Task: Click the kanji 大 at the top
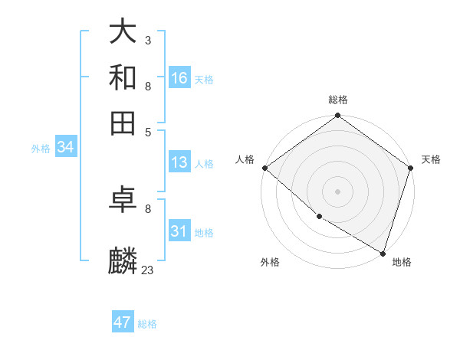[x=123, y=32]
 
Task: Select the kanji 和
[x=123, y=77]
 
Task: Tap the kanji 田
[x=123, y=123]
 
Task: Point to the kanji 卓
[x=123, y=201]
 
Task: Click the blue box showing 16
[x=179, y=78]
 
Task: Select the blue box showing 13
[x=179, y=162]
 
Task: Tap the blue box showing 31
[x=179, y=231]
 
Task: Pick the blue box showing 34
[x=65, y=148]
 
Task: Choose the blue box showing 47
[x=123, y=322]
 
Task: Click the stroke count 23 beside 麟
[x=147, y=270]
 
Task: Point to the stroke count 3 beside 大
[x=147, y=40]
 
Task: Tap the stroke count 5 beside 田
[x=147, y=131]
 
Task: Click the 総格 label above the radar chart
[x=337, y=100]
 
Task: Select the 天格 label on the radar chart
[x=431, y=159]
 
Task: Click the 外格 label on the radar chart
[x=270, y=262]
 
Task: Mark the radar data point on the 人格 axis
[x=264, y=168]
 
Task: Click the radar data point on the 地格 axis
[x=383, y=253]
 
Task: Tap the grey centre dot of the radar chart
[x=337, y=191]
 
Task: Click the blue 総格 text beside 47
[x=147, y=324]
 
